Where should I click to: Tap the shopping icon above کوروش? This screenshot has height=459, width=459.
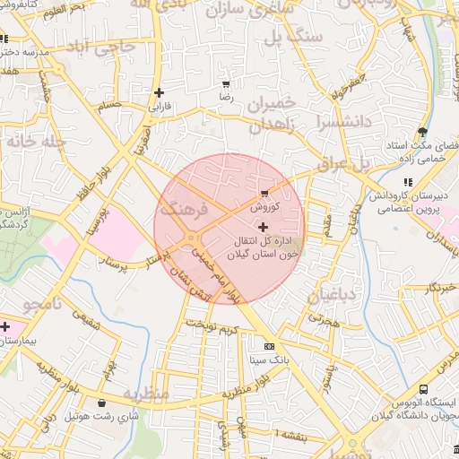point(264,193)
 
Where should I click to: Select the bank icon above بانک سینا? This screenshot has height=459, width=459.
point(270,346)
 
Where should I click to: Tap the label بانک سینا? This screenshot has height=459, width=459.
point(270,359)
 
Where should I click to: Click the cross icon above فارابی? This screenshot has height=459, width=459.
point(159,92)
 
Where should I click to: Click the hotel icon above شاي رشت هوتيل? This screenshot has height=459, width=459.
point(100,403)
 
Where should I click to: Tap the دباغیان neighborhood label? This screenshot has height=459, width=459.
point(333,297)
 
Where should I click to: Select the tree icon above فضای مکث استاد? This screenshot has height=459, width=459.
point(421,133)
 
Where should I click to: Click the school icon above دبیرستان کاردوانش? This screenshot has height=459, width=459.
point(408,182)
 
